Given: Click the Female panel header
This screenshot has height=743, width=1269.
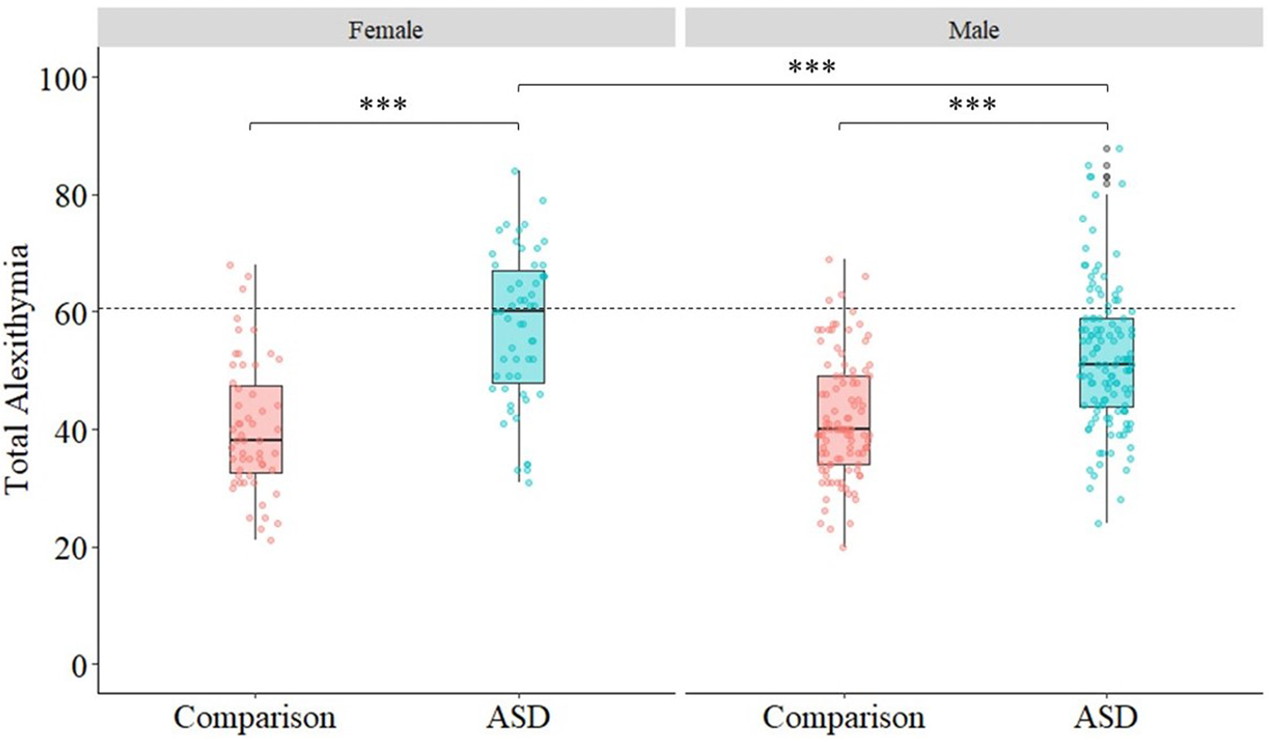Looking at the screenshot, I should pyautogui.click(x=385, y=29).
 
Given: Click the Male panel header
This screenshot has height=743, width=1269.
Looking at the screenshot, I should pyautogui.click(x=973, y=29).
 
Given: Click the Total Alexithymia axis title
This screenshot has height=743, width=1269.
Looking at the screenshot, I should pyautogui.click(x=21, y=369).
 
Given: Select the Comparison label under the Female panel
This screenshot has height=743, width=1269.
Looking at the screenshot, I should pyautogui.click(x=255, y=718).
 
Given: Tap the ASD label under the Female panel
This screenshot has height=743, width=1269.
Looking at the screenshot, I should pyautogui.click(x=518, y=718).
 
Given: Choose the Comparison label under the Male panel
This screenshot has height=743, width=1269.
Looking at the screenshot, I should pyautogui.click(x=843, y=718).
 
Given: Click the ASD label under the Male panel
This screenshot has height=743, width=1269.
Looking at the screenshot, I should pyautogui.click(x=1106, y=718).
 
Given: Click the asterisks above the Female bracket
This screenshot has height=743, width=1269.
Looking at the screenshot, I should pyautogui.click(x=384, y=104).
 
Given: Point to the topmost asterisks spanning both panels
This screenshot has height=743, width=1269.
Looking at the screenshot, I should pyautogui.click(x=811, y=68).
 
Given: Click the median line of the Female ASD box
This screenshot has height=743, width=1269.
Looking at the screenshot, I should pyautogui.click(x=518, y=310).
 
